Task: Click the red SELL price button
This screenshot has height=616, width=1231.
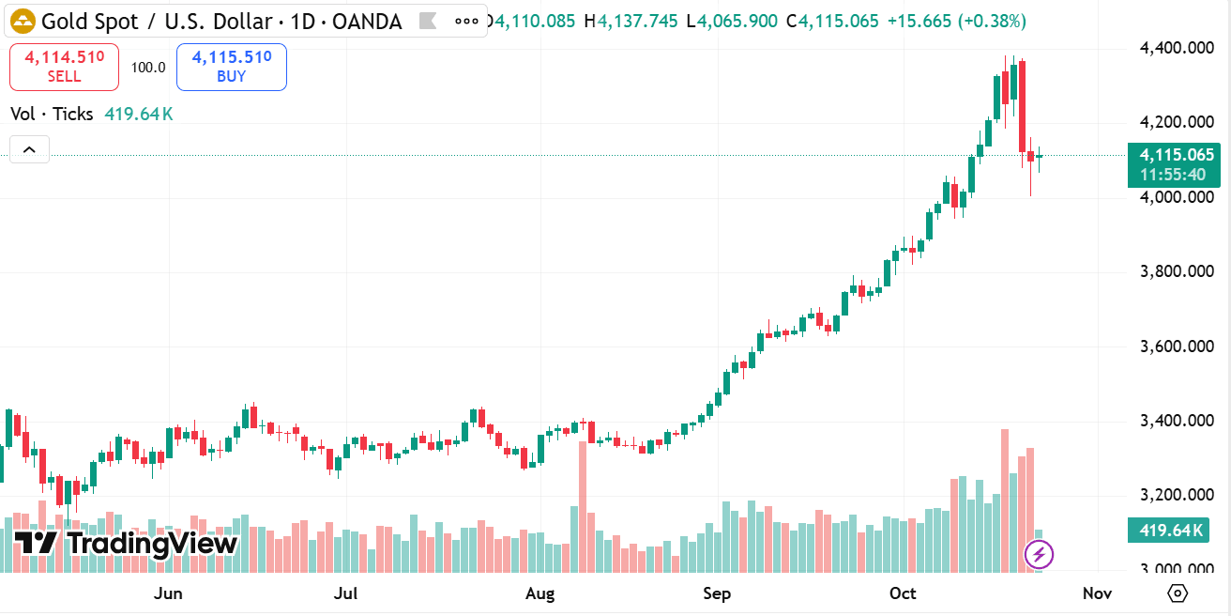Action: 64,67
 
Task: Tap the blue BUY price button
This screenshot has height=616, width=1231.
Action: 231,67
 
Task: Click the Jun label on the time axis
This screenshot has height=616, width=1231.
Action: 167,593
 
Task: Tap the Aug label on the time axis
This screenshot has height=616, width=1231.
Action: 540,593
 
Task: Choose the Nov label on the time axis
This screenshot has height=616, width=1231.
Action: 1097,593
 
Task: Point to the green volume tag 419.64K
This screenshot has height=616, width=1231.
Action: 1171,531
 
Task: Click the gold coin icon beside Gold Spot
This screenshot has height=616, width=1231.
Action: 23,21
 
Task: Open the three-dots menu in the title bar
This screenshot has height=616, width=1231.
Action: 465,21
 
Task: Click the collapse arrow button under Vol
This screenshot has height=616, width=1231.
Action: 29,149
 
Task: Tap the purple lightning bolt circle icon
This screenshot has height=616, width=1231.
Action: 1039,555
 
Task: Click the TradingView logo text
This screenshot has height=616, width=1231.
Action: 127,543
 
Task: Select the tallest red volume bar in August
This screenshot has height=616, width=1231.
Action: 582,507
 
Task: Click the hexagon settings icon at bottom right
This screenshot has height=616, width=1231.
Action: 1178,593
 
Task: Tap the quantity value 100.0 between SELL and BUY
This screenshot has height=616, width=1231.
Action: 148,67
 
